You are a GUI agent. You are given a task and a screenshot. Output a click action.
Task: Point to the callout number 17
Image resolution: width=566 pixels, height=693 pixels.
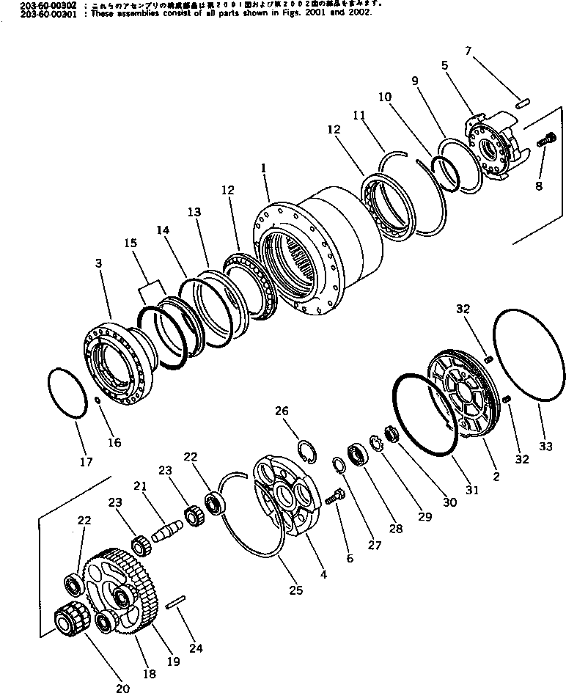click(x=86, y=462)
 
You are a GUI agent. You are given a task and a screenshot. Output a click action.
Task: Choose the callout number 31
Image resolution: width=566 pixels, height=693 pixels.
click(x=472, y=490)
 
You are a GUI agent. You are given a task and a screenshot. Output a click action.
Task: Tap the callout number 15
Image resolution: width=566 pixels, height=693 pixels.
click(x=130, y=243)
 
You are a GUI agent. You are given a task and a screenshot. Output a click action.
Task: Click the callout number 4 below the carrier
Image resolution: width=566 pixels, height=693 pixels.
click(x=323, y=575)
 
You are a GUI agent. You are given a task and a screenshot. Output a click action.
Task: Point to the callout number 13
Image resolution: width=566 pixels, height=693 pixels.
click(x=194, y=212)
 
